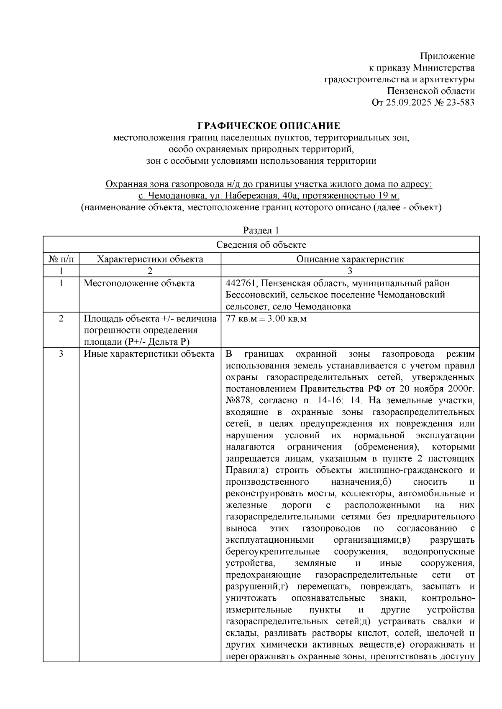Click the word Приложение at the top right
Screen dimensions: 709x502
click(447, 56)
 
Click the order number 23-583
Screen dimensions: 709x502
click(460, 102)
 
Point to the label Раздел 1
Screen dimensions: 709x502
click(261, 231)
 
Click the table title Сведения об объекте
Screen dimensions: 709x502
click(261, 245)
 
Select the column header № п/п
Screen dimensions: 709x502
click(61, 259)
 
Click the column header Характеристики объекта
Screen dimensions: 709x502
click(150, 259)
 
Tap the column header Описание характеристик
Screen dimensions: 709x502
click(350, 259)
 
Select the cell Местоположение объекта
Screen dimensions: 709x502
click(139, 284)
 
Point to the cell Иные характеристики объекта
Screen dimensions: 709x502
click(149, 355)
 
